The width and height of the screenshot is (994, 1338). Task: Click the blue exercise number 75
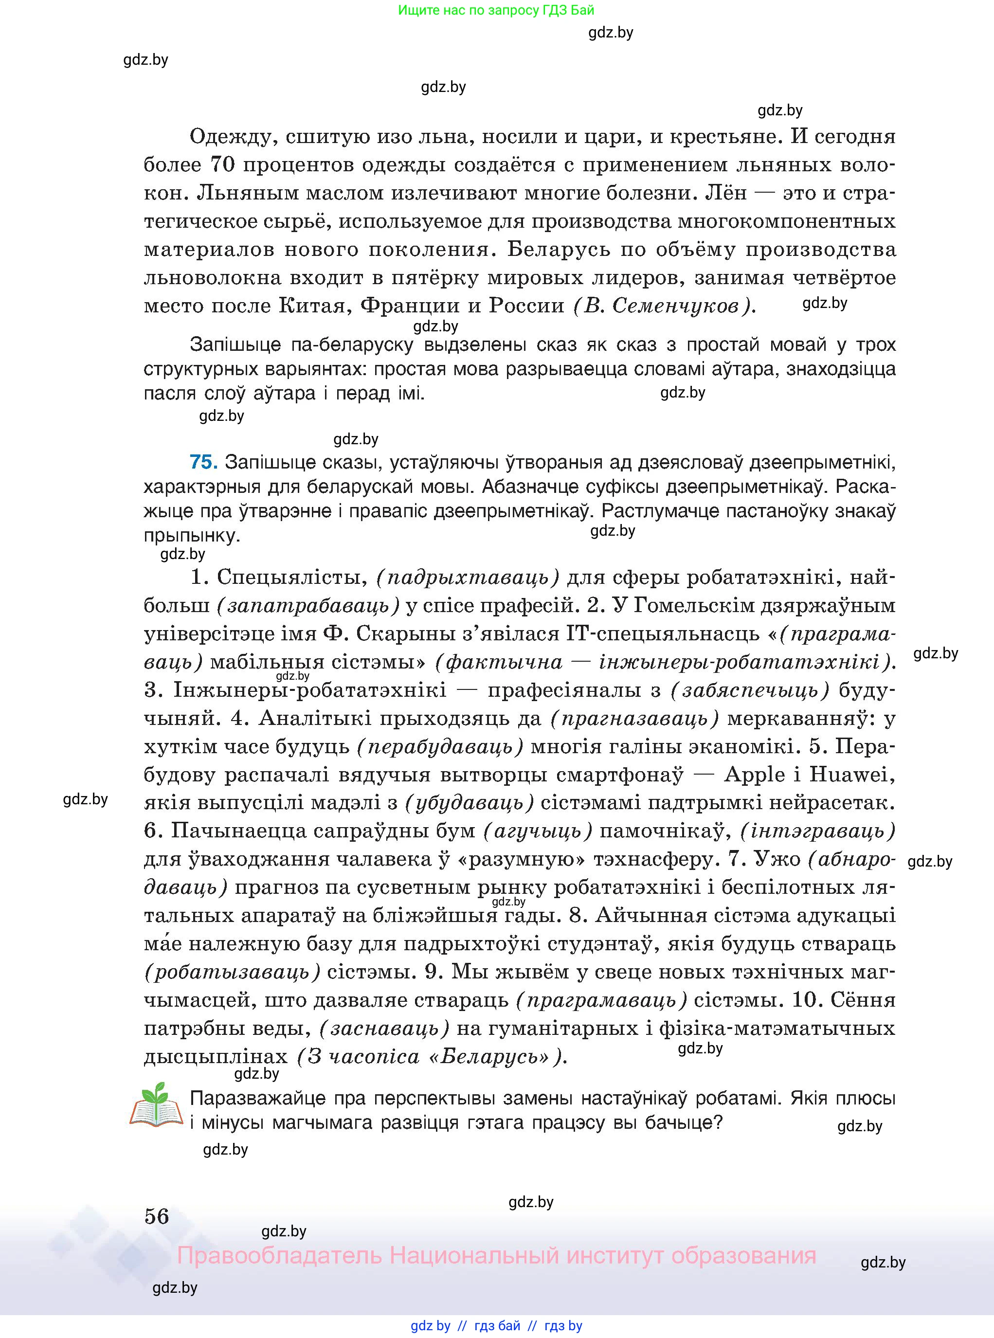coord(203,462)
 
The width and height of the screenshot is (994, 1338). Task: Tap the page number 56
coord(157,1216)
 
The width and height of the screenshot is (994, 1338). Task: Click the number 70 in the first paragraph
coord(221,165)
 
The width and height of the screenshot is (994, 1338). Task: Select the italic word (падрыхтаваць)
coord(468,578)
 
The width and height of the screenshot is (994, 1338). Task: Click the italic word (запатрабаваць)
coord(308,606)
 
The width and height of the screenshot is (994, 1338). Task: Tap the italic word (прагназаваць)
coord(634,718)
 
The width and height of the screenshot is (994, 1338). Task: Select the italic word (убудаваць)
coord(470,803)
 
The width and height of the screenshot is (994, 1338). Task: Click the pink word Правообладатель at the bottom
coord(279,1256)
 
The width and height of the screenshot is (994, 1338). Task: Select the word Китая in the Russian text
coord(315,306)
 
